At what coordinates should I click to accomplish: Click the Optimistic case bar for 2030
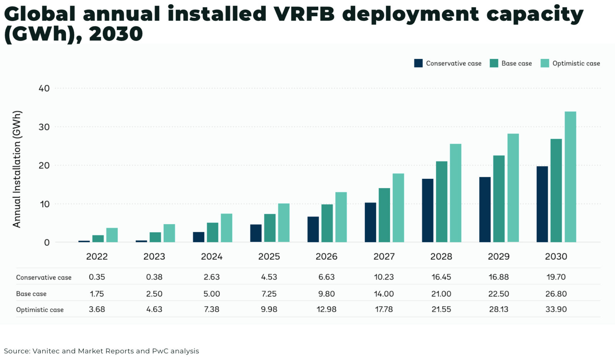(570, 177)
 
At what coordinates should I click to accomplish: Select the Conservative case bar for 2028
(427, 210)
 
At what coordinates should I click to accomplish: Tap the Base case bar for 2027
(384, 215)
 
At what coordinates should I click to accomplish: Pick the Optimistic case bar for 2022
(112, 235)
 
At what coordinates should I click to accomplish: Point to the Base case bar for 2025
(269, 228)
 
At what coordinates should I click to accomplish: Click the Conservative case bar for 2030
(542, 204)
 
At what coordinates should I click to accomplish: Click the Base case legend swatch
(494, 63)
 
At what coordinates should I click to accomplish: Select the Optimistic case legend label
(576, 63)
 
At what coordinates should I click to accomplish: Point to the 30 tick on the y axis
(44, 127)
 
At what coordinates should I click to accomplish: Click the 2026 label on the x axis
(326, 257)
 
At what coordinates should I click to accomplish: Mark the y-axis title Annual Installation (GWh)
(17, 169)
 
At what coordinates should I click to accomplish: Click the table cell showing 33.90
(556, 309)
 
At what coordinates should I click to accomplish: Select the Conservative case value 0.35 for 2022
(97, 277)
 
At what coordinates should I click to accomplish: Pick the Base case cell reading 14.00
(384, 294)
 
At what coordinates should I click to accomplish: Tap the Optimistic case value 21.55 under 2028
(441, 309)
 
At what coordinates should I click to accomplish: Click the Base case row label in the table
(31, 294)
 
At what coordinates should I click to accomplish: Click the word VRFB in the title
(304, 14)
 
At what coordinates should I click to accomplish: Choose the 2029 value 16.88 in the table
(499, 277)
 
